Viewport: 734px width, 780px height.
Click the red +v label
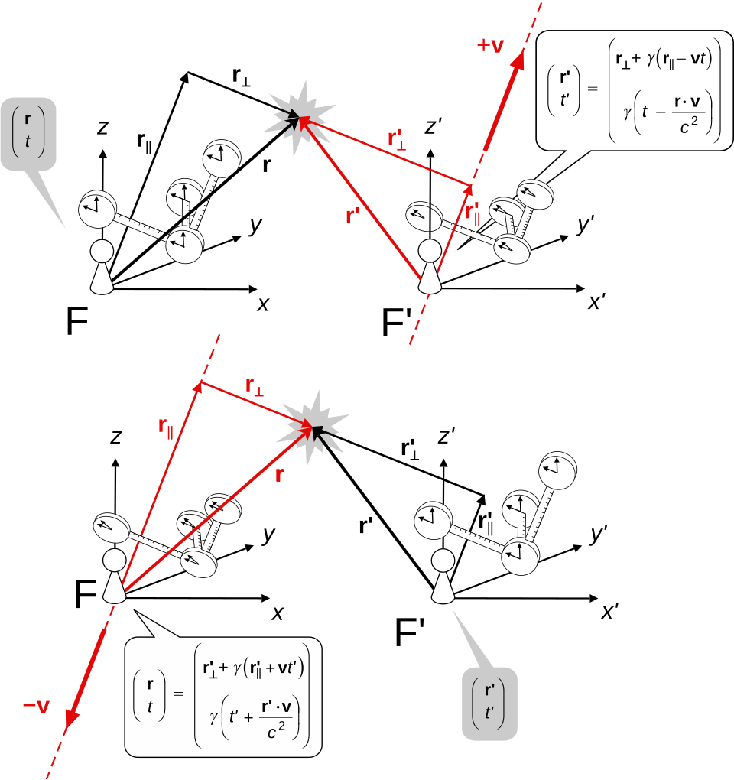[490, 45]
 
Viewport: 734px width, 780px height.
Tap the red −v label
[36, 707]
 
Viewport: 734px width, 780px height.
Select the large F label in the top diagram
[77, 321]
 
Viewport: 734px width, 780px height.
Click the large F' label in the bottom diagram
[410, 632]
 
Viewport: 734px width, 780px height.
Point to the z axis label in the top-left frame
[102, 128]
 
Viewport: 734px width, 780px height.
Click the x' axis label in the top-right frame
[596, 302]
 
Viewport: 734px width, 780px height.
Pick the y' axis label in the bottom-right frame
[598, 535]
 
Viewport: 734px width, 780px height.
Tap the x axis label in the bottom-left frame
[277, 613]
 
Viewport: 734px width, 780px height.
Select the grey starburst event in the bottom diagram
[312, 427]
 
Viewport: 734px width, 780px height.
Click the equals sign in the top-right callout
[593, 89]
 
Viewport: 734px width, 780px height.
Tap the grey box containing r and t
[28, 134]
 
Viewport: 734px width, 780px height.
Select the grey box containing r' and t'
[490, 704]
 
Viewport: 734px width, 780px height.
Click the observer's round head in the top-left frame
[102, 252]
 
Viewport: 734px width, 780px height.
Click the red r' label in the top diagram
[352, 216]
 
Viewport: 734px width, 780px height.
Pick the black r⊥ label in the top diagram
[241, 76]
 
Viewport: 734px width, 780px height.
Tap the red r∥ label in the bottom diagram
[166, 427]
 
